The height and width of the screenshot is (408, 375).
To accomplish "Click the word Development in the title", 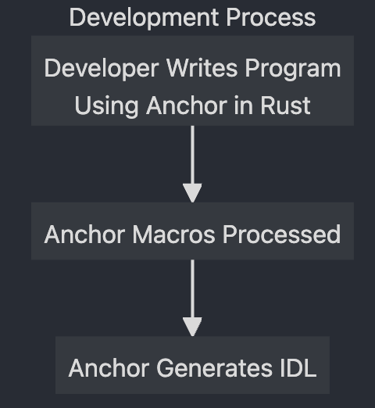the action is coord(144,18).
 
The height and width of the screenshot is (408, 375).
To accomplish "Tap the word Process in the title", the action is coord(271,17).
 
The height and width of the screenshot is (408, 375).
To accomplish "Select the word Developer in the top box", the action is coord(102,69).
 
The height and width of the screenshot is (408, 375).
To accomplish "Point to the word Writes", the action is coord(202,68).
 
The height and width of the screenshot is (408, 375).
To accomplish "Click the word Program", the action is coord(293,69).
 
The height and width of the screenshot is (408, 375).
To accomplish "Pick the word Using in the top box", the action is coord(106,106).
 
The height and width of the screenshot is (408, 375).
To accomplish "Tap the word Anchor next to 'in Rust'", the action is coord(187,106).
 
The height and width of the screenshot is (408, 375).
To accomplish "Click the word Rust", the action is coord(285,106).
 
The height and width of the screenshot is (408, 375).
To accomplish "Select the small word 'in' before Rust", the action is coord(244,106).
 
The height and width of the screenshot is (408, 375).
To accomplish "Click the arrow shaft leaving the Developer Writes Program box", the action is coord(192,155).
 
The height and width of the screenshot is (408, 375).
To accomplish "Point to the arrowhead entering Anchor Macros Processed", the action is coord(192,193).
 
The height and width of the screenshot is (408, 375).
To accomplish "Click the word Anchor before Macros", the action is coord(85,234).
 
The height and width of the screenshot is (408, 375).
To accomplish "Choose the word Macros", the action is coord(173,234).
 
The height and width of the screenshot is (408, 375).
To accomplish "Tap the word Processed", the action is coord(281,234).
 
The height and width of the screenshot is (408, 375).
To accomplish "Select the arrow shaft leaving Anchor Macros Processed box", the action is coord(192,288).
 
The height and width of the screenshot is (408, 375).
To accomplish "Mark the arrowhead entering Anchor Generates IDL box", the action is coord(192,327).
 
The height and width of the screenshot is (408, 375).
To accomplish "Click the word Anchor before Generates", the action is coord(109,368).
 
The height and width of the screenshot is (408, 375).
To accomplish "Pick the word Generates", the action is coord(214,368).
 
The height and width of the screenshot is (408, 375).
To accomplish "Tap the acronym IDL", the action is coord(298,368).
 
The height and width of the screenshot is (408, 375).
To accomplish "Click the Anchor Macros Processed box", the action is coord(192,231).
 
